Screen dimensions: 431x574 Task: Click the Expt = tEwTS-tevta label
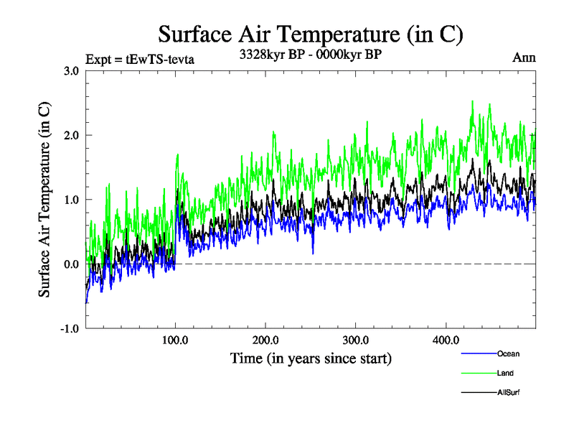[x=139, y=59]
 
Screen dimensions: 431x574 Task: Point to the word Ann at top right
[x=524, y=57]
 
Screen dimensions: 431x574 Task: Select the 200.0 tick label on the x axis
[x=265, y=340]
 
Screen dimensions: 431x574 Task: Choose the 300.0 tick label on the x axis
[x=356, y=340]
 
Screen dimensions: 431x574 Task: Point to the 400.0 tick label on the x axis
[x=446, y=340]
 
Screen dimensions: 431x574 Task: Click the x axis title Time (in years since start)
[x=311, y=358]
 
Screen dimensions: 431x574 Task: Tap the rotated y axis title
[x=44, y=199]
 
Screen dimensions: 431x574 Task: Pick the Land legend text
[x=505, y=374]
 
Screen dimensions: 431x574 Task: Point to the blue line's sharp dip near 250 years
[x=313, y=252]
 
